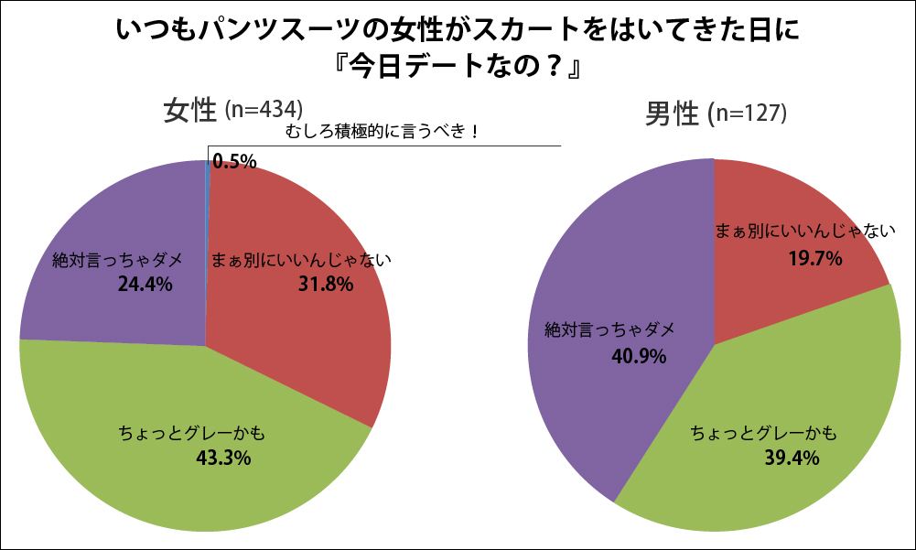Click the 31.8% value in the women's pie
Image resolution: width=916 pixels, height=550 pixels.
point(325,285)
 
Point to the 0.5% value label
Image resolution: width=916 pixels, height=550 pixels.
point(234,162)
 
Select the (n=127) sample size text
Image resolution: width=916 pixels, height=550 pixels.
point(749,114)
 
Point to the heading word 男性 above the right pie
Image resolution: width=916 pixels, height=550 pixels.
point(674,114)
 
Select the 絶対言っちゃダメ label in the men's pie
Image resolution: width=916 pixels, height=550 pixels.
point(609,329)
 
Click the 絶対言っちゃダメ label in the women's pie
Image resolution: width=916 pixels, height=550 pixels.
point(118,260)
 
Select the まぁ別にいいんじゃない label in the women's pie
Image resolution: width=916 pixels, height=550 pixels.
point(301,260)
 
